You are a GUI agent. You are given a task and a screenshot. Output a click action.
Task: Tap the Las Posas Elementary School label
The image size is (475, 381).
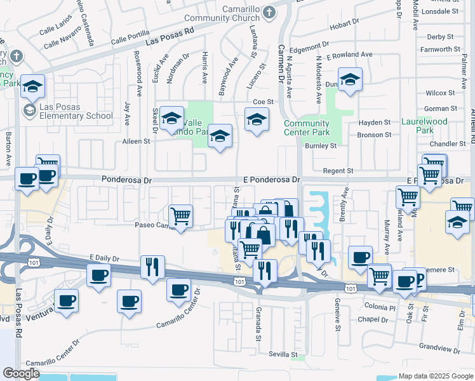tap(76, 111)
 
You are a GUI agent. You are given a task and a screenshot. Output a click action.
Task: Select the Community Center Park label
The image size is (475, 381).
tap(307, 128)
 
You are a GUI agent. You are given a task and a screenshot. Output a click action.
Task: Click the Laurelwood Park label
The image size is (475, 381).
tap(424, 125)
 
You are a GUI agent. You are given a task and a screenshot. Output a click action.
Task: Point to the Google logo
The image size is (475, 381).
tap(21, 373)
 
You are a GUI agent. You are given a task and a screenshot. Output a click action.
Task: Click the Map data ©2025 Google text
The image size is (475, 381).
tap(436, 376)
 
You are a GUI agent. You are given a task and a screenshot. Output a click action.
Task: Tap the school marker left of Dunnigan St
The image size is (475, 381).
tap(349, 79)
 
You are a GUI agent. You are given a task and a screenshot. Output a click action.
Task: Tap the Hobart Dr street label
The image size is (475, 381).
tap(327, 23)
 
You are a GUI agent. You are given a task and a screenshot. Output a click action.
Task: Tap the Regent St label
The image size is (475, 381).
tap(338, 171)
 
